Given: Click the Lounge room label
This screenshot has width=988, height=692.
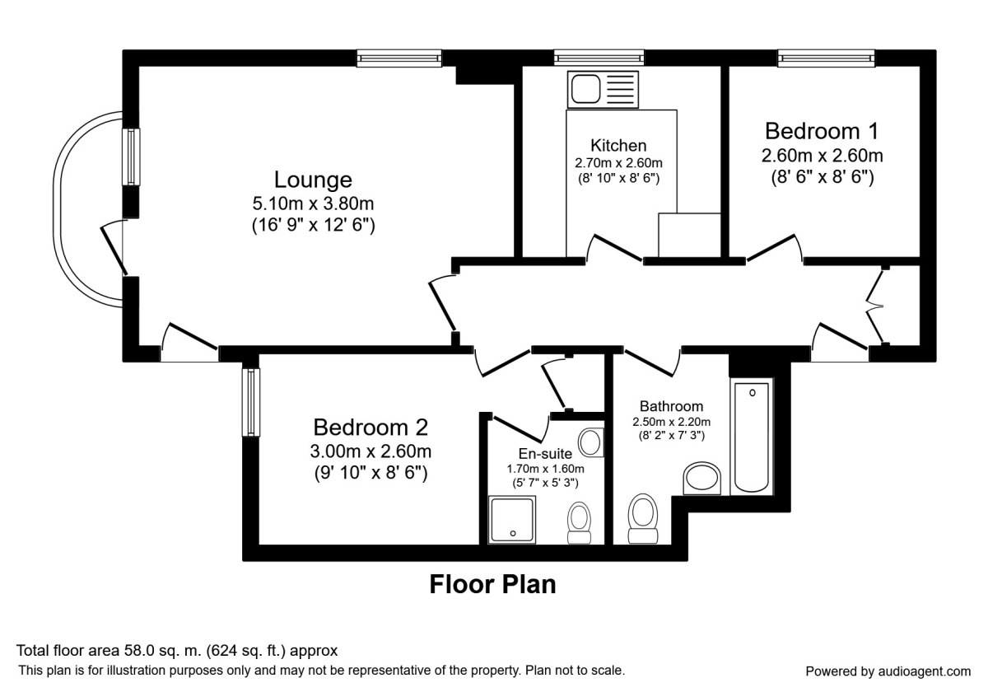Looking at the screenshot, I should click(313, 180).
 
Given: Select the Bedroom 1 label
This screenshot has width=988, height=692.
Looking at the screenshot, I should click(822, 131).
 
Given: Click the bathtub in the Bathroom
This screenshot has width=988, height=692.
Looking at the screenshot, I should click(752, 437).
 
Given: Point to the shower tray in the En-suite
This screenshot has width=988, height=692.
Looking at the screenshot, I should click(512, 520).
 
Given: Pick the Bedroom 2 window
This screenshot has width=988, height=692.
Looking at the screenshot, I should click(250, 402).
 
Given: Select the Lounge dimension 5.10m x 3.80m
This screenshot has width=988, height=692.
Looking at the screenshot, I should click(313, 203).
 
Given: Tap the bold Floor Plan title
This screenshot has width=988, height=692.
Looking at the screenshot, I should click(492, 585).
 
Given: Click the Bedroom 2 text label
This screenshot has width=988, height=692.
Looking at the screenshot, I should click(370, 428).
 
